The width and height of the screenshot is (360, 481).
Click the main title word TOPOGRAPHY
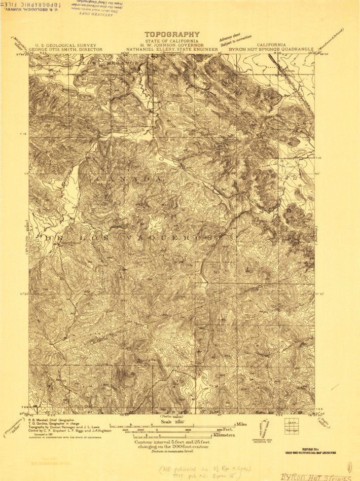click(x=171, y=34)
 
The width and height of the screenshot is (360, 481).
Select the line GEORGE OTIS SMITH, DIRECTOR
click(x=65, y=50)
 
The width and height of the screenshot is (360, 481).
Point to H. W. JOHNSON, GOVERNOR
click(x=171, y=46)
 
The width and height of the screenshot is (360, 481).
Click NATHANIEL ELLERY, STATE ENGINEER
click(x=172, y=50)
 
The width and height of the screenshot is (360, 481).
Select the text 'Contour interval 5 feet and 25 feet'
click(x=171, y=442)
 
